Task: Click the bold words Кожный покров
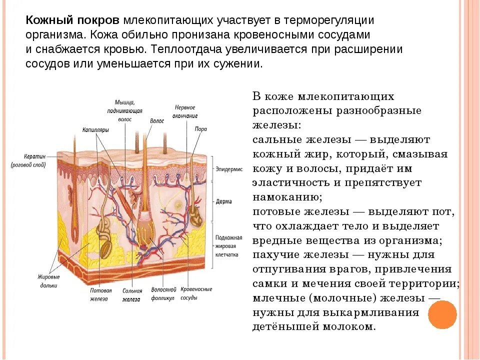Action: click(x=72, y=21)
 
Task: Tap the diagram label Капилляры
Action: click(x=95, y=129)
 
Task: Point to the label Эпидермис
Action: click(x=229, y=169)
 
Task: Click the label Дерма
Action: click(x=223, y=201)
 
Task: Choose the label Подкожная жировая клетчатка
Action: click(x=229, y=246)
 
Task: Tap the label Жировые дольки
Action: click(x=49, y=281)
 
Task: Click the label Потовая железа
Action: click(x=99, y=294)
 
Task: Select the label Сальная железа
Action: click(x=132, y=294)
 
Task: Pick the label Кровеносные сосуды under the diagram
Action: click(x=196, y=293)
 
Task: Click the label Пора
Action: click(x=201, y=128)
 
